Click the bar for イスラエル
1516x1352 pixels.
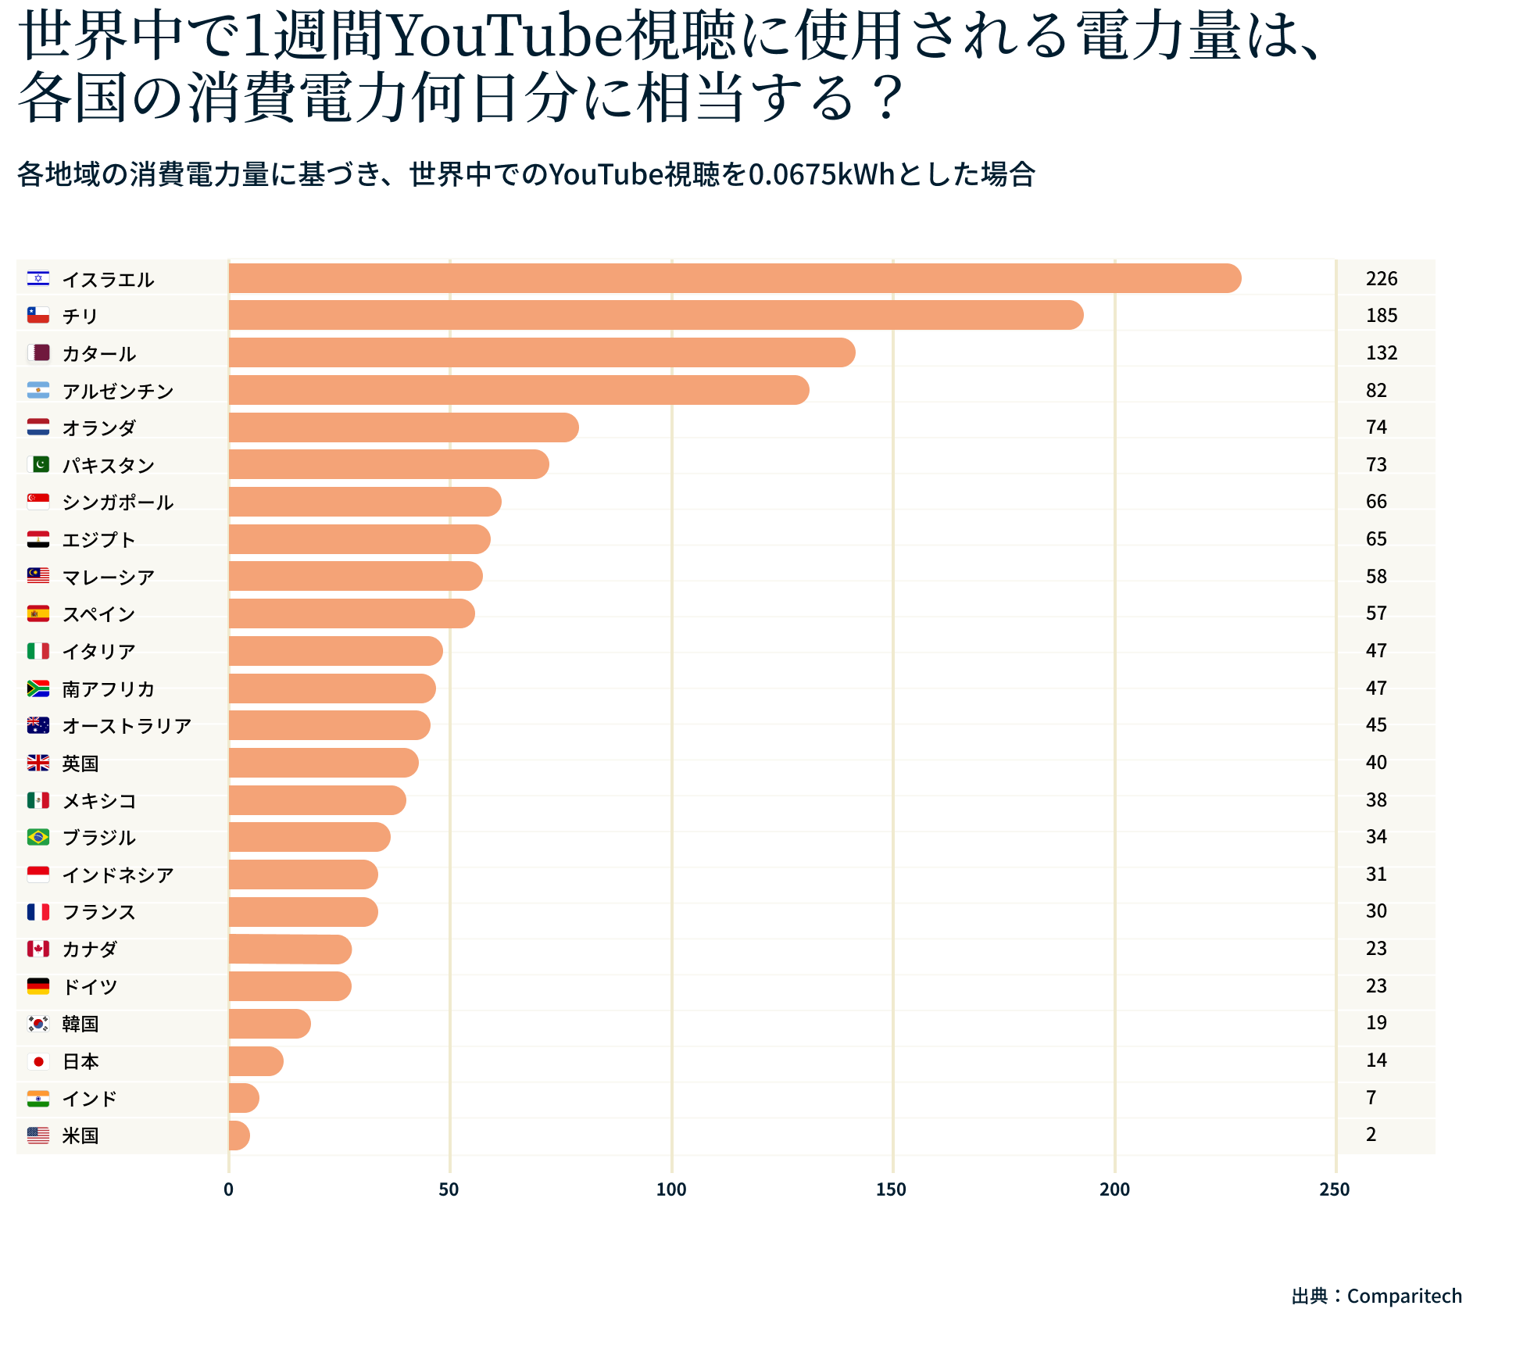[735, 278]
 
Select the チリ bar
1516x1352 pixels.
[656, 315]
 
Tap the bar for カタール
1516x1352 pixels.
[542, 352]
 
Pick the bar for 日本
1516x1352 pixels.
[256, 1061]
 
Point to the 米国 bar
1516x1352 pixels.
[239, 1136]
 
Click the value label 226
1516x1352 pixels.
[1381, 278]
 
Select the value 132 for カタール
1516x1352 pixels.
[1381, 352]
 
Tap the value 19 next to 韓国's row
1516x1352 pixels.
[1376, 1023]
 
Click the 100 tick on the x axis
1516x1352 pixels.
[671, 1189]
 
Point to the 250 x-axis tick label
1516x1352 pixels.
[1335, 1189]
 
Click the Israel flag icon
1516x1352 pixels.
[38, 278]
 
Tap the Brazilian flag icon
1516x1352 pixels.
[38, 837]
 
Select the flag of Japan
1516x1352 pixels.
[38, 1061]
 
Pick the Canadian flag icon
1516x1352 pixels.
[38, 949]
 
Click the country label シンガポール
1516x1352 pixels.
[117, 502]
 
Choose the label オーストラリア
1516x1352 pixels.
[127, 726]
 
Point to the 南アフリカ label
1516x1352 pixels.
[108, 689]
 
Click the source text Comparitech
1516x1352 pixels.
[1404, 1297]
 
